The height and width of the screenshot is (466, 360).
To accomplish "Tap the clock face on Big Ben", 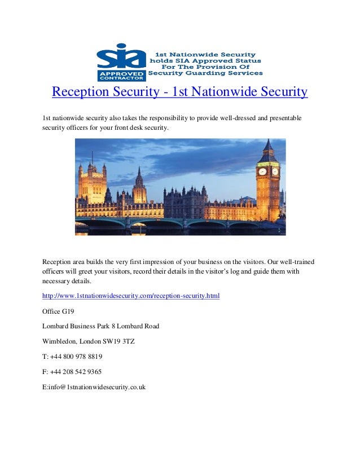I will click(262, 171).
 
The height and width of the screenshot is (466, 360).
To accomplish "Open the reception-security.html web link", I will click(131, 296).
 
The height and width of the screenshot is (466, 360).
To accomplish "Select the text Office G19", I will click(58, 311).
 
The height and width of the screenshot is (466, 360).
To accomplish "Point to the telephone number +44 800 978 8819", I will click(76, 357).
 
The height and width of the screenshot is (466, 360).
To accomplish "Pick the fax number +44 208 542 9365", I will click(76, 372).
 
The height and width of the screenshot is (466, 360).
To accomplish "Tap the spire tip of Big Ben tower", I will click(268, 140).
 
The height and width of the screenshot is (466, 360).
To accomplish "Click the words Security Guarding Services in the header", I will click(205, 73).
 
